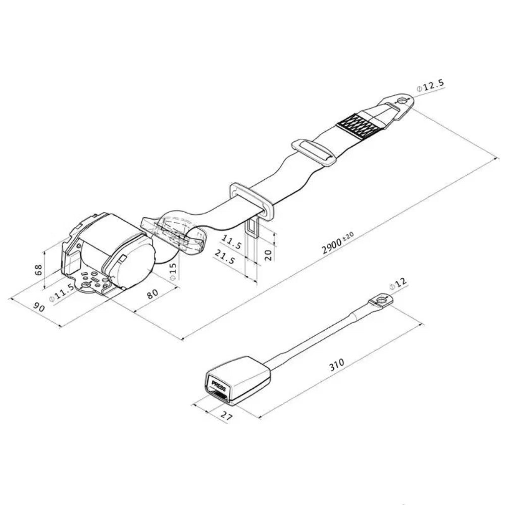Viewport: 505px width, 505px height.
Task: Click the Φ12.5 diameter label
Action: [x=431, y=87]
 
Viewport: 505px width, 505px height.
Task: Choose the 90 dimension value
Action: [x=37, y=307]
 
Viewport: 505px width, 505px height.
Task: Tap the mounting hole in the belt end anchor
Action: [x=401, y=102]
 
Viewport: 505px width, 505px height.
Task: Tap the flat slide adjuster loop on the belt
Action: [x=314, y=151]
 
